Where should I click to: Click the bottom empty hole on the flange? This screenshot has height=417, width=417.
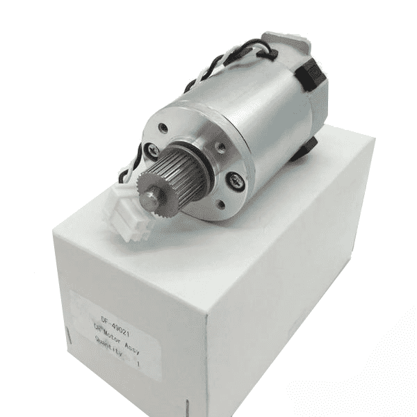tap(220, 204)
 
